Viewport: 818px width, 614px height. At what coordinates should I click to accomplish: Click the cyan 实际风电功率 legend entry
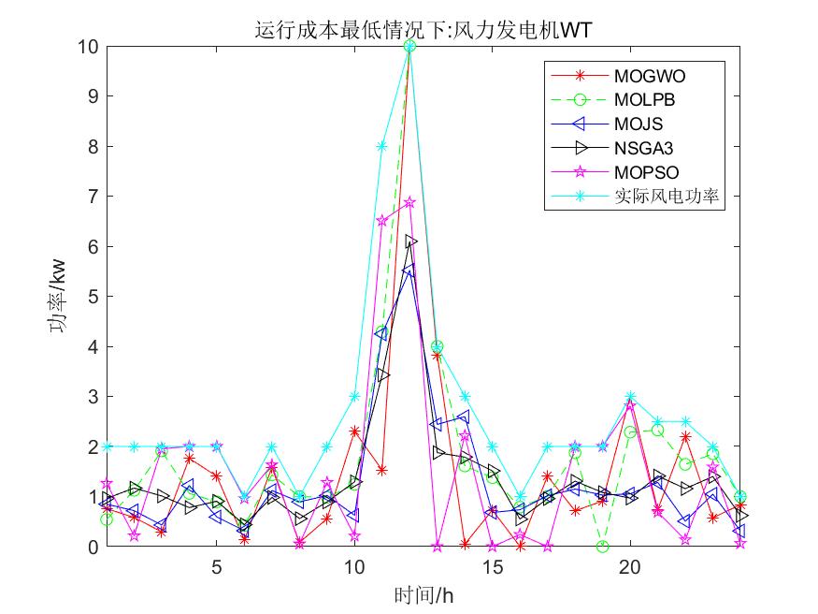(668, 197)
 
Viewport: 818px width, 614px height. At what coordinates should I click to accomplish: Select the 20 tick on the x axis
(630, 567)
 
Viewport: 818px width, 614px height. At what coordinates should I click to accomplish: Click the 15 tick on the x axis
(493, 567)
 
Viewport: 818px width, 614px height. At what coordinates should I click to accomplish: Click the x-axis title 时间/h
(423, 593)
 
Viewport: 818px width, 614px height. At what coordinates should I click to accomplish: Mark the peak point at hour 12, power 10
(409, 46)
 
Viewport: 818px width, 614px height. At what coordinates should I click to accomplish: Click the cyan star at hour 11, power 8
(381, 146)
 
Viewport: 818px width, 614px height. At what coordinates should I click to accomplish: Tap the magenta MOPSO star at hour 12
(409, 202)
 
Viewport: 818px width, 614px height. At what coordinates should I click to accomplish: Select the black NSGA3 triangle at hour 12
(410, 241)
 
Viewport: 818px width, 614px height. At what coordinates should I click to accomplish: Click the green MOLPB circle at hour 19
(603, 547)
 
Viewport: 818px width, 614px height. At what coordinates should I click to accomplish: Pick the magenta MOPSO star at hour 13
(437, 547)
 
